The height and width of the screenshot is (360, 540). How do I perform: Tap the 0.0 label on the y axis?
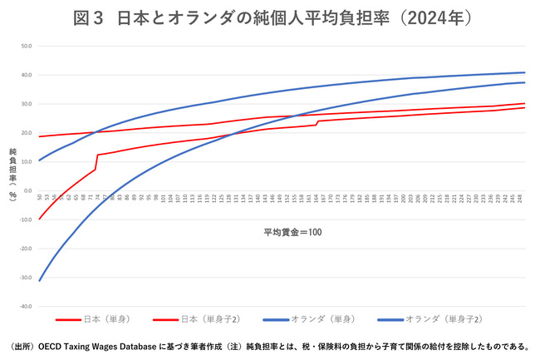click(x=27, y=190)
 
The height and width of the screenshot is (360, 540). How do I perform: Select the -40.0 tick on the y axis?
click(x=26, y=306)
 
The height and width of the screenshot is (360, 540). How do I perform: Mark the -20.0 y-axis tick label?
click(x=26, y=249)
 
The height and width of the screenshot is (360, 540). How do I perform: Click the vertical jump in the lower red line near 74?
click(x=97, y=162)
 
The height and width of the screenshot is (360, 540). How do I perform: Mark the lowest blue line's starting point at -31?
click(x=40, y=280)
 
